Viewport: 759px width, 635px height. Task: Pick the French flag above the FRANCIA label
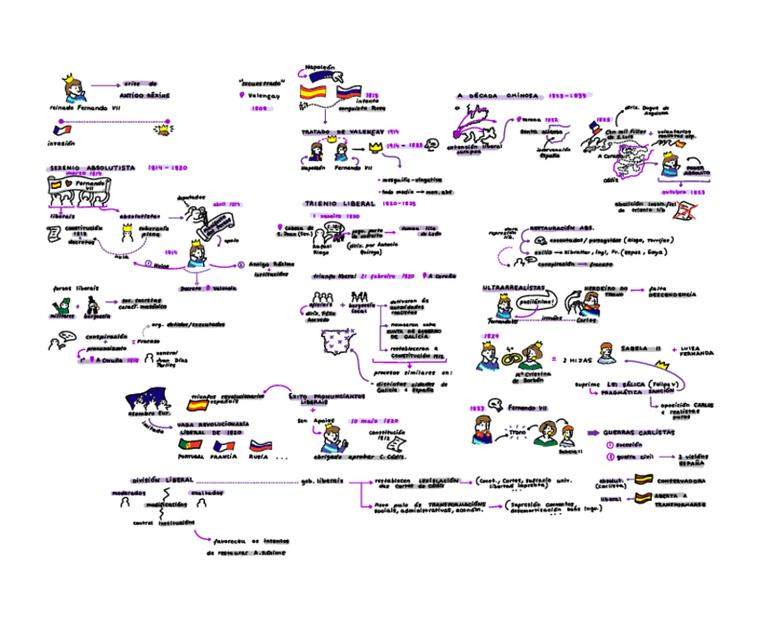(223, 444)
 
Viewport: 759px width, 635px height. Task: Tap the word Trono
(517, 433)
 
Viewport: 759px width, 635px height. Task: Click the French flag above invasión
(60, 130)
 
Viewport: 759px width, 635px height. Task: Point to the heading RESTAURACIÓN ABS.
(563, 228)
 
